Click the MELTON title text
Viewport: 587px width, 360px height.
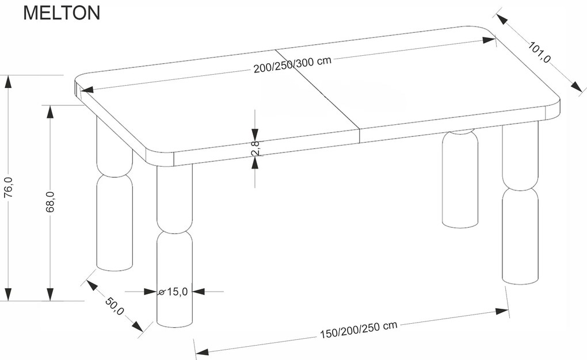(62, 13)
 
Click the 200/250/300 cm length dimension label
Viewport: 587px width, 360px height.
(292, 64)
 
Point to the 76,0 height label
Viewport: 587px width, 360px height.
(8, 187)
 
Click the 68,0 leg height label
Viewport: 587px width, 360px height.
(51, 202)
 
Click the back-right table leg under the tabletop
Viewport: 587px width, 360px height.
(460, 178)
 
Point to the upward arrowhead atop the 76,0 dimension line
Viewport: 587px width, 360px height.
(7, 81)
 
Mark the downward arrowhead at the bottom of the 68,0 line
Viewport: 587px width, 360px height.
(51, 294)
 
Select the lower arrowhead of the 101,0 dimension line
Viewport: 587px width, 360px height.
(576, 86)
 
